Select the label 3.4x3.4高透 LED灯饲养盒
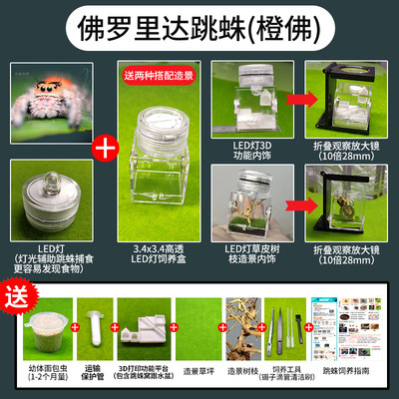160,239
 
